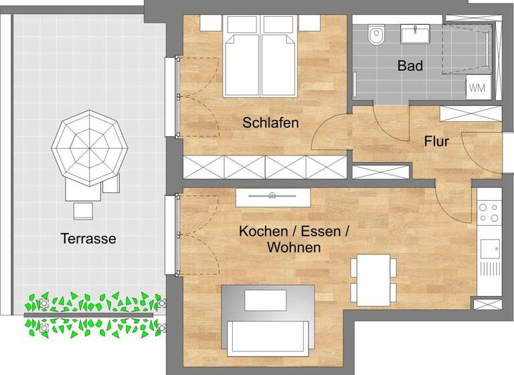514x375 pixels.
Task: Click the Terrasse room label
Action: pyautogui.click(x=88, y=238)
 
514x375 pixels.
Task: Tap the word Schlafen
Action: pyautogui.click(x=270, y=123)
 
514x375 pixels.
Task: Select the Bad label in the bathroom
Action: pyautogui.click(x=410, y=66)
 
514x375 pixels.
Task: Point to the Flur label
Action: pyautogui.click(x=436, y=142)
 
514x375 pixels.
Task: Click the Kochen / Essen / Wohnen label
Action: pyautogui.click(x=294, y=240)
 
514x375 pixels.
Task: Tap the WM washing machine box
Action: pyautogui.click(x=477, y=87)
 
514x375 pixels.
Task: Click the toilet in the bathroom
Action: pyautogui.click(x=377, y=34)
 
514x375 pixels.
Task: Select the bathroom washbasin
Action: pyautogui.click(x=415, y=33)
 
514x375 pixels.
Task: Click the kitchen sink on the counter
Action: pyautogui.click(x=490, y=248)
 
